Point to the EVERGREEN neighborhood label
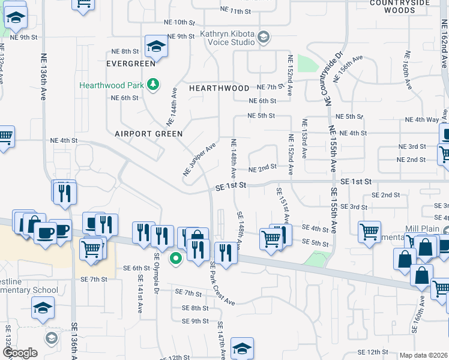[x=131, y=63]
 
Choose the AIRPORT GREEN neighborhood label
[x=149, y=134]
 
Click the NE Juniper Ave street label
[x=199, y=160]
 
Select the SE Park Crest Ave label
[x=221, y=283]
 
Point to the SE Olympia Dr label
[x=156, y=265]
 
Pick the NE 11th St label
[x=235, y=11]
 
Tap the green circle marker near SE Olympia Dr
[x=176, y=259]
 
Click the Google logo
[x=20, y=352]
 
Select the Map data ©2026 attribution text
[x=423, y=355]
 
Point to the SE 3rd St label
[x=354, y=207]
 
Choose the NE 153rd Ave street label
[x=304, y=142]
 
